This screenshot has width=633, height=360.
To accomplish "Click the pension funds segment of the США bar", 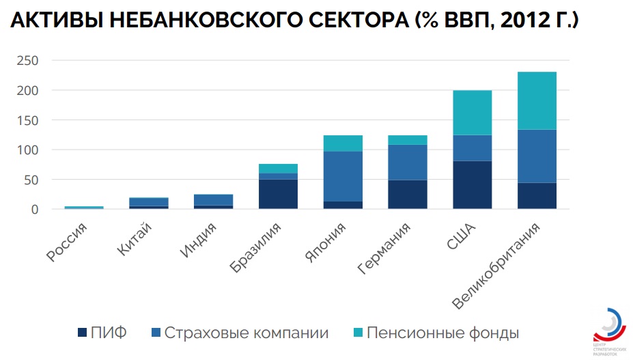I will click(x=472, y=113).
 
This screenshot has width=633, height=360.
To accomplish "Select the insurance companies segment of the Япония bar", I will click(x=343, y=176).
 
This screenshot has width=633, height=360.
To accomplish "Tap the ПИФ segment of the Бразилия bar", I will click(x=278, y=194).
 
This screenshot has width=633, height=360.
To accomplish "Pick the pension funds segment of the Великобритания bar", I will click(x=537, y=100).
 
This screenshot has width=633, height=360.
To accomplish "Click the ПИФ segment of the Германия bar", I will click(x=408, y=194).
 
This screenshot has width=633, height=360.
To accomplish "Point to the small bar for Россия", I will click(x=84, y=207).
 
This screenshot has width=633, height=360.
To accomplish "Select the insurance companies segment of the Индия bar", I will click(x=213, y=199).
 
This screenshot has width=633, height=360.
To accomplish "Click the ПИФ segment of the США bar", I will click(x=472, y=184).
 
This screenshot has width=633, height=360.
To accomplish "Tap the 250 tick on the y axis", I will click(x=28, y=61).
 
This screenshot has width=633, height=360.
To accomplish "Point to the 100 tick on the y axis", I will click(x=28, y=150).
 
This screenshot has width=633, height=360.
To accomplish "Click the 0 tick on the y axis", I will click(x=34, y=209).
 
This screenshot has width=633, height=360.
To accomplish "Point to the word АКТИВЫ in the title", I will click(x=55, y=22).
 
